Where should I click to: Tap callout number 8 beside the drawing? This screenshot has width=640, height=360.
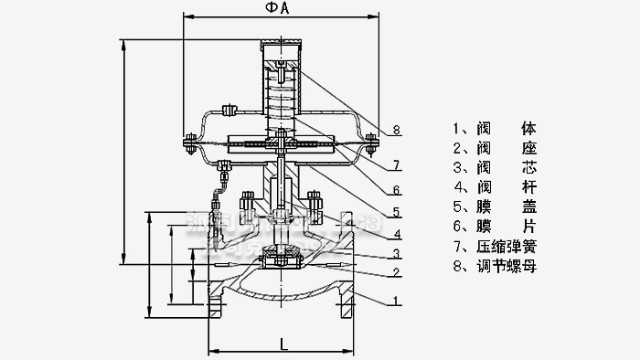tap(396, 131)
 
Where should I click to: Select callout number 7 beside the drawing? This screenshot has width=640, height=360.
tap(396, 165)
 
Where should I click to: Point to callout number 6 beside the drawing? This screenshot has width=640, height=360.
tap(396, 190)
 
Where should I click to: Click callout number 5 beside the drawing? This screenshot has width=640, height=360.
tap(396, 212)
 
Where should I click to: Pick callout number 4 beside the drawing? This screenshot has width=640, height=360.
tap(396, 233)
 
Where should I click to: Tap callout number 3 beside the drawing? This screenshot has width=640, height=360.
tap(396, 253)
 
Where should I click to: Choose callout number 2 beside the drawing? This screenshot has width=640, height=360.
tap(396, 272)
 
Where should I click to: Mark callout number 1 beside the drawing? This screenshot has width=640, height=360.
tap(396, 299)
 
